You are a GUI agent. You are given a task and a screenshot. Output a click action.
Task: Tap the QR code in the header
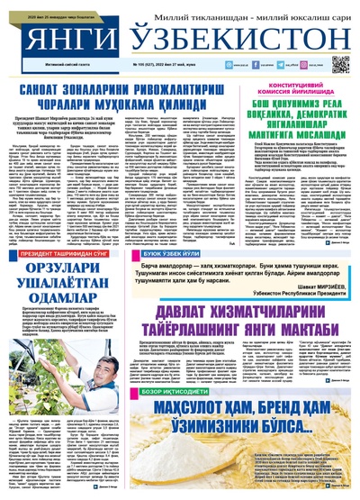[340, 64]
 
